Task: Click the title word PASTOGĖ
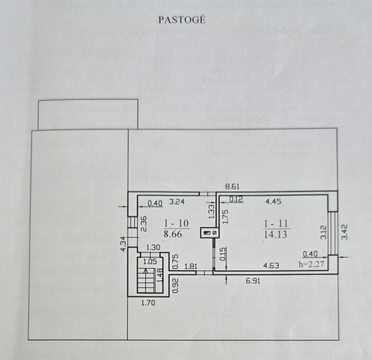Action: [182, 20]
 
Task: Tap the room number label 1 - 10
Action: [176, 224]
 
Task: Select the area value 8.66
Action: [173, 234]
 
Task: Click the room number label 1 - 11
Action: [275, 224]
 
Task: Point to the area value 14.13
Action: [275, 235]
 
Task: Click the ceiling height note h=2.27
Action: [312, 264]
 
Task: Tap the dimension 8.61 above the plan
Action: [232, 187]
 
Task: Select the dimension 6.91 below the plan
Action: [253, 281]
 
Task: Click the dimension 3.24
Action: [177, 202]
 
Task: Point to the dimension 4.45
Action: [273, 202]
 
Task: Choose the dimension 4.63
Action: [271, 265]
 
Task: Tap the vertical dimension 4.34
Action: [123, 244]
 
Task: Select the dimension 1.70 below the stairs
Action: [148, 303]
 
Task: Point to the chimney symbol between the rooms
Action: [209, 232]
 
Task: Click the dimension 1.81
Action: [191, 267]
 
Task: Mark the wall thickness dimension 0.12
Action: [236, 200]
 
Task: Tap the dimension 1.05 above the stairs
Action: [150, 261]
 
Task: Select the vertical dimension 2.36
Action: [144, 224]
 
